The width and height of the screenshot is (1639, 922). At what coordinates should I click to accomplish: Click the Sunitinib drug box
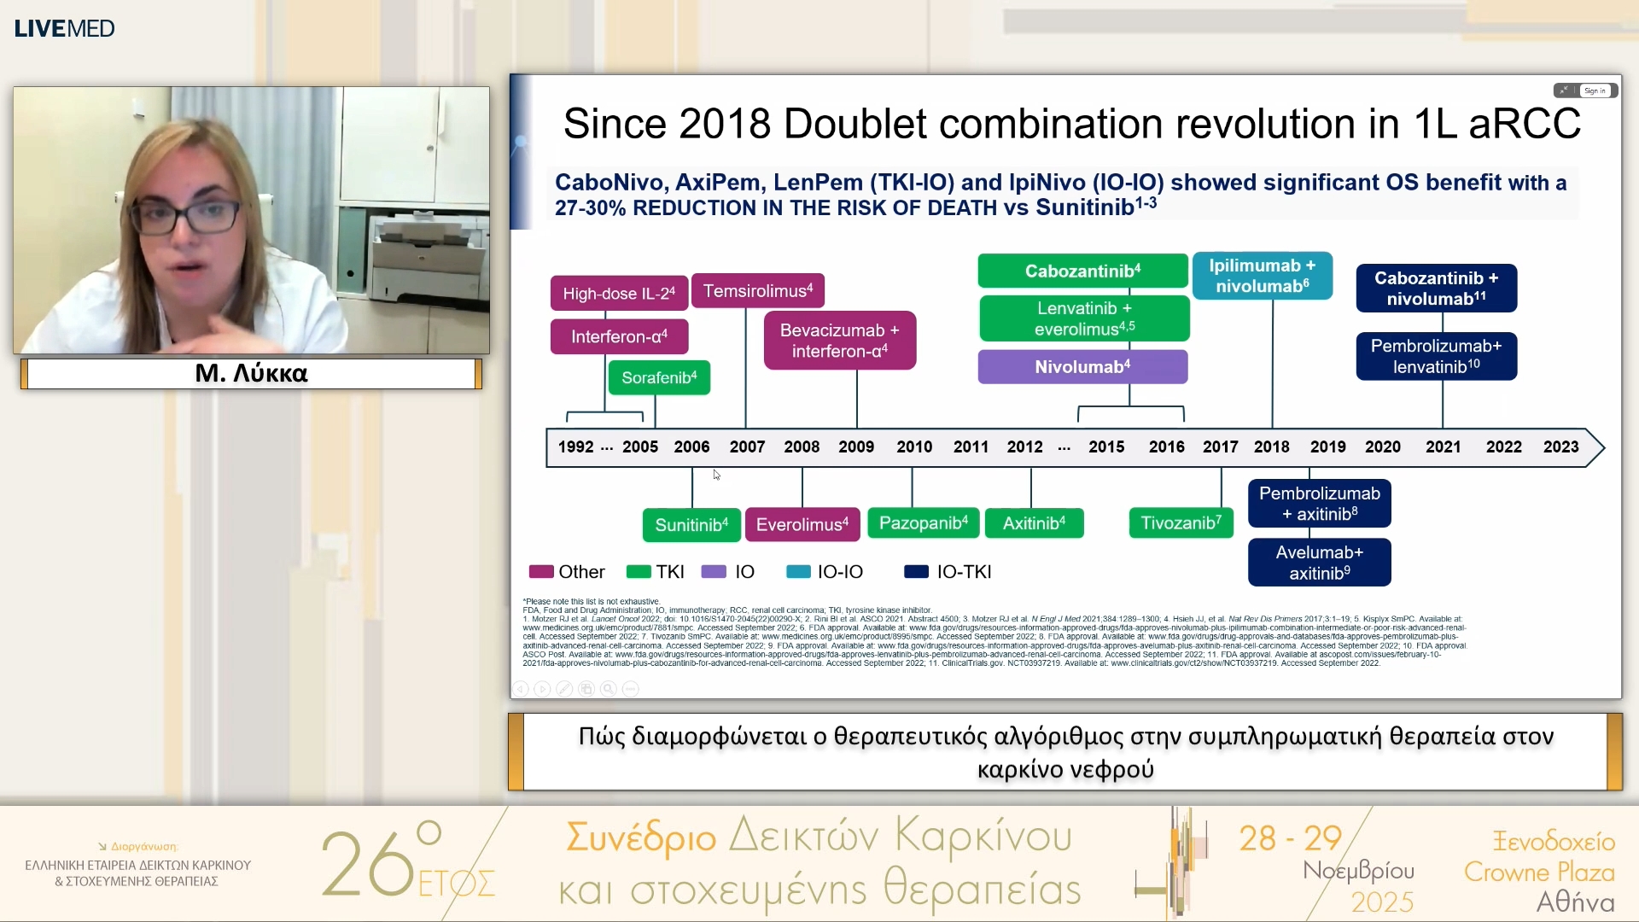(691, 524)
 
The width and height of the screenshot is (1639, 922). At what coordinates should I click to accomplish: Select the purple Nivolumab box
(1082, 367)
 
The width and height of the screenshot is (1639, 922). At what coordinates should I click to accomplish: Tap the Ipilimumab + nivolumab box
(1262, 276)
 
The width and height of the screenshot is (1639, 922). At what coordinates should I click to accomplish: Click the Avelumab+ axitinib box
(1319, 563)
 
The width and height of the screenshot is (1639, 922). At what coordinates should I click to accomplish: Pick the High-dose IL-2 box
(619, 293)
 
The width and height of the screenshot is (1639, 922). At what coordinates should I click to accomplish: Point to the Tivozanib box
(1181, 522)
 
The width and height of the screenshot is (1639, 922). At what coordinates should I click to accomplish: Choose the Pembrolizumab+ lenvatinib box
(1436, 356)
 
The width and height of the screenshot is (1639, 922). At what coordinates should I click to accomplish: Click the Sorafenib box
(659, 377)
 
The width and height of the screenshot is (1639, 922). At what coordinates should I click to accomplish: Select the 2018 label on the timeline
(1271, 446)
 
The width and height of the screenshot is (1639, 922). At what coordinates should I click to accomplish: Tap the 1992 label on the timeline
(575, 446)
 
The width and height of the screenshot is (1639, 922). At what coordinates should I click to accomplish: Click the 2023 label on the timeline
(1560, 446)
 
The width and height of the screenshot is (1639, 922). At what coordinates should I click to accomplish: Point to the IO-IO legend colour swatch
(798, 572)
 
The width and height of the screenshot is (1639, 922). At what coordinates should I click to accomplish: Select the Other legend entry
(567, 572)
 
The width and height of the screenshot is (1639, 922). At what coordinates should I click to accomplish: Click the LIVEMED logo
(64, 28)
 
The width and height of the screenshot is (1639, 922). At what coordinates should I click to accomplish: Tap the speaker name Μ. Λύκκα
(251, 373)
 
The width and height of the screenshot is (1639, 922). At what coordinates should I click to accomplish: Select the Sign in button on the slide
(1594, 90)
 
